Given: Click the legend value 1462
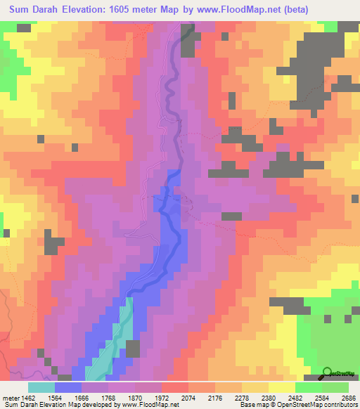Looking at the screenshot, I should pos(30,398).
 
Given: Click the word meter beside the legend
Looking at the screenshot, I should pos(11,398).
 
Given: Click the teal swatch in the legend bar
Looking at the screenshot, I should pos(41,388).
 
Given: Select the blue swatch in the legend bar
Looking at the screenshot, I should pos(68,388).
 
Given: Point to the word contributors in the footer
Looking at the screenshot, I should pos(340,405).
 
